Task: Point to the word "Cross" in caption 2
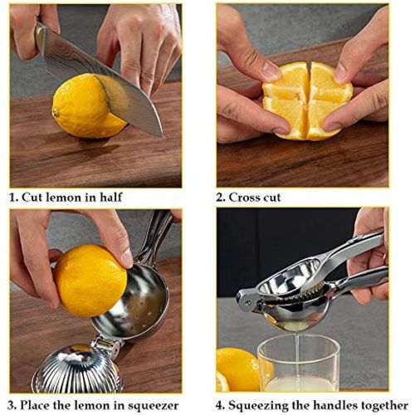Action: click(x=247, y=198)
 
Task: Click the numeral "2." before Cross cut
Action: click(x=221, y=198)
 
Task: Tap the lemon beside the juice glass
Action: click(x=237, y=369)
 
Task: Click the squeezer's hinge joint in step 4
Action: click(x=246, y=297)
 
